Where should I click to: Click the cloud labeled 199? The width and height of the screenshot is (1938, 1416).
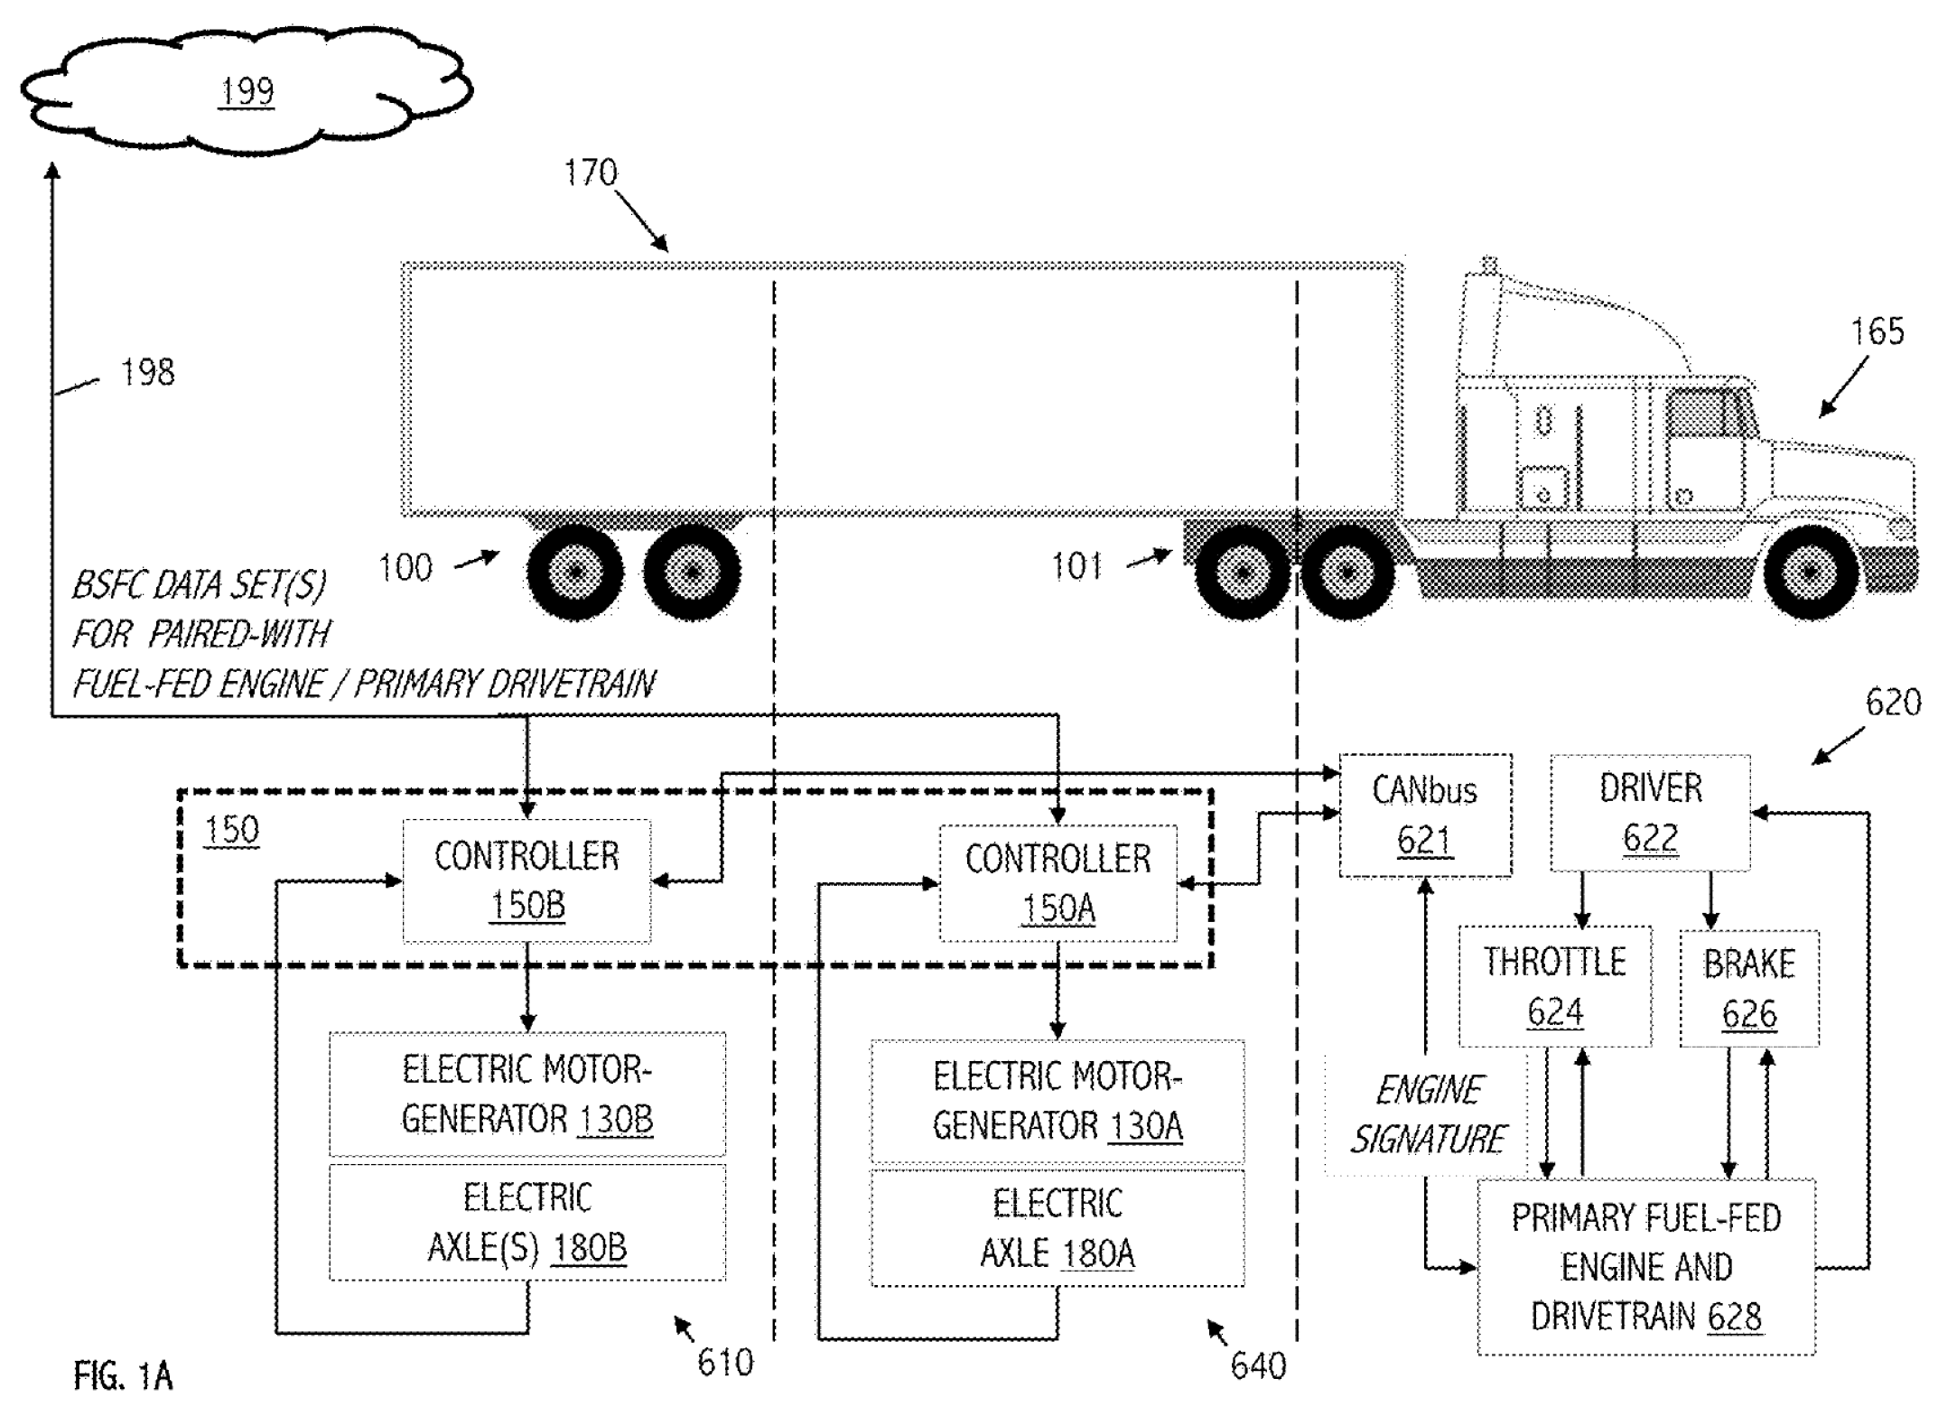[x=246, y=93]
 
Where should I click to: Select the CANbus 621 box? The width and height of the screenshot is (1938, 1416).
[x=1424, y=815]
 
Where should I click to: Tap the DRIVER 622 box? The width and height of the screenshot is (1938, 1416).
[x=1650, y=813]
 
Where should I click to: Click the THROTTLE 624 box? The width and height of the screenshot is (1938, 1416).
[x=1554, y=986]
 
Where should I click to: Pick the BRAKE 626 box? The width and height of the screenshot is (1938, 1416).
[x=1748, y=989]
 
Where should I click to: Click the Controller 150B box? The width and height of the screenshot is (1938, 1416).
[x=526, y=880]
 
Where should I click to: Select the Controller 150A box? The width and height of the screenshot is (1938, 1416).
[x=1058, y=883]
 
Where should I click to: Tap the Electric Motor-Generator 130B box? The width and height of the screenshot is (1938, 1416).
[x=526, y=1094]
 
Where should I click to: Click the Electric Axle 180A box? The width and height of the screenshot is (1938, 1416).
[x=1058, y=1228]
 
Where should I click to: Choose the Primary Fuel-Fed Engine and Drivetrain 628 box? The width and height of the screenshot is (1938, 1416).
[x=1645, y=1266]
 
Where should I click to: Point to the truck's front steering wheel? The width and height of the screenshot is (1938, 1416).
[x=1810, y=573]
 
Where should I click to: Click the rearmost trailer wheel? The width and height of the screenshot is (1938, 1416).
[x=575, y=573]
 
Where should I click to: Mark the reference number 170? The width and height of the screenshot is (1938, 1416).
[x=591, y=172]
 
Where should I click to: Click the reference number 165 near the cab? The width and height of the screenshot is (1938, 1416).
[x=1877, y=332]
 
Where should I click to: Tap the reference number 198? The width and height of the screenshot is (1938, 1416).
[x=147, y=372]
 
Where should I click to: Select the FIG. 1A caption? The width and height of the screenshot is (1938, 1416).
[x=123, y=1376]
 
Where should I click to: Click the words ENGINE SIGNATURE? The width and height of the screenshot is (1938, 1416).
[x=1429, y=1114]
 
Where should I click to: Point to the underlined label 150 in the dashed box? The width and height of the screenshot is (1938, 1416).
[x=231, y=830]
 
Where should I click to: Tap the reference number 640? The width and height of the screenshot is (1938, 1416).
[x=1257, y=1365]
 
